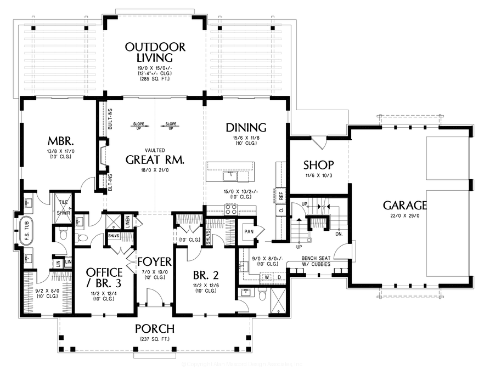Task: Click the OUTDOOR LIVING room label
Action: pos(155,52)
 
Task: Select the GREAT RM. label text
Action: pos(155,160)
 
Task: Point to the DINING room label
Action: pos(246,128)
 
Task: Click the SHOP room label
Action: pos(318,164)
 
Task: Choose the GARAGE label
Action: pos(405,206)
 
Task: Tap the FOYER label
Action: pos(155,261)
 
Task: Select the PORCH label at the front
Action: pos(155,329)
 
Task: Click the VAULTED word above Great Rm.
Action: pos(155,150)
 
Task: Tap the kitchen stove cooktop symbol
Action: pos(229,210)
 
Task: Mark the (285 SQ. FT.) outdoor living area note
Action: pos(155,79)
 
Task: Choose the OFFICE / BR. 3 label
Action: pos(104,277)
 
